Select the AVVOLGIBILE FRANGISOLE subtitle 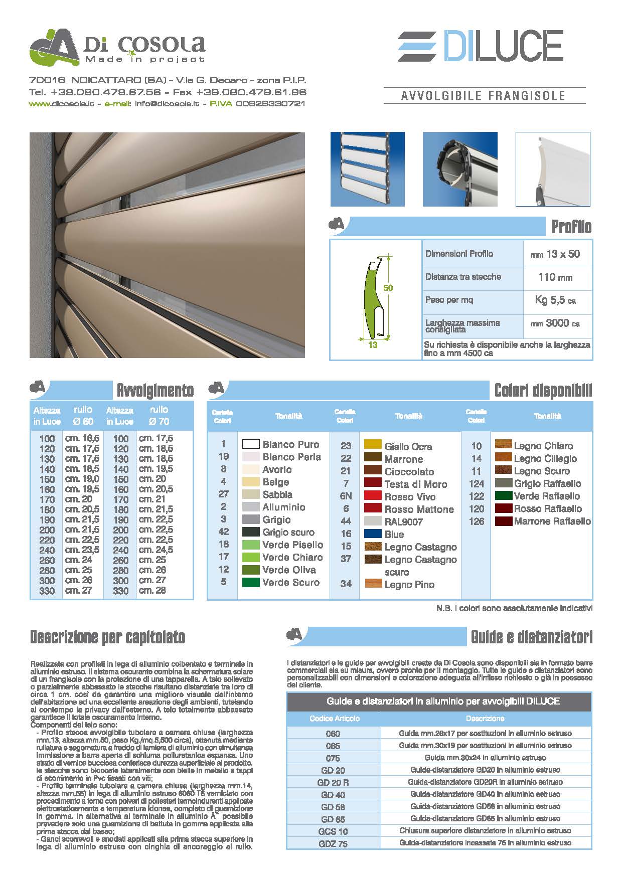(x=484, y=96)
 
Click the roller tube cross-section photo (x=460, y=169)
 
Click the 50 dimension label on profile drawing (x=388, y=288)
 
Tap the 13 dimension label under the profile (x=373, y=345)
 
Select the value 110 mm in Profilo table (x=555, y=277)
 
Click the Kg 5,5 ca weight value (x=555, y=300)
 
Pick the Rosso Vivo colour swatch (x=373, y=496)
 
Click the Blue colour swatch (x=373, y=534)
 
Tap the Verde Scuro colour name (x=290, y=582)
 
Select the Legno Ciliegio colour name (x=545, y=458)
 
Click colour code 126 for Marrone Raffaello (x=476, y=521)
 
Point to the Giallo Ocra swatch (x=373, y=445)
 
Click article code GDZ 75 (x=333, y=844)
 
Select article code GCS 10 (x=333, y=831)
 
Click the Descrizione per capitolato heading (x=108, y=637)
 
